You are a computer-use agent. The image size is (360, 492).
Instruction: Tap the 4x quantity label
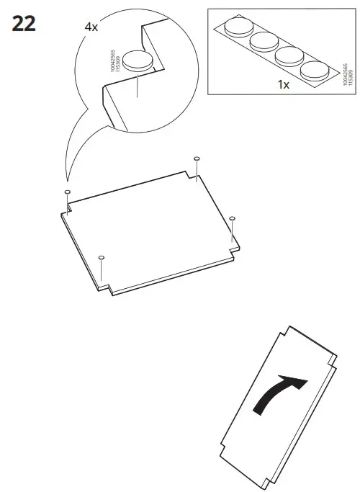pyautogui.click(x=91, y=27)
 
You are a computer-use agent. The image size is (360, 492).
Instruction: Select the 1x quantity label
pyautogui.click(x=283, y=84)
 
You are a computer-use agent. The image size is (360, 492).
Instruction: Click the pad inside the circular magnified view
pyautogui.click(x=136, y=61)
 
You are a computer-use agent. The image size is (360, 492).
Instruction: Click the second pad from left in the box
pyautogui.click(x=262, y=43)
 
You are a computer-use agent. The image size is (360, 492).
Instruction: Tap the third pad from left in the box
pyautogui.click(x=288, y=56)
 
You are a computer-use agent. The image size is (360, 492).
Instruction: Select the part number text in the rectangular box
pyautogui.click(x=347, y=74)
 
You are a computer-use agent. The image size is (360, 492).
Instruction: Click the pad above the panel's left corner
pyautogui.click(x=67, y=192)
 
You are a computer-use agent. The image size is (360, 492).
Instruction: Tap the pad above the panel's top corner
pyautogui.click(x=197, y=158)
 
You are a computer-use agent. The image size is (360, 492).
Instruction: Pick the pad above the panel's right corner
pyautogui.click(x=232, y=218)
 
